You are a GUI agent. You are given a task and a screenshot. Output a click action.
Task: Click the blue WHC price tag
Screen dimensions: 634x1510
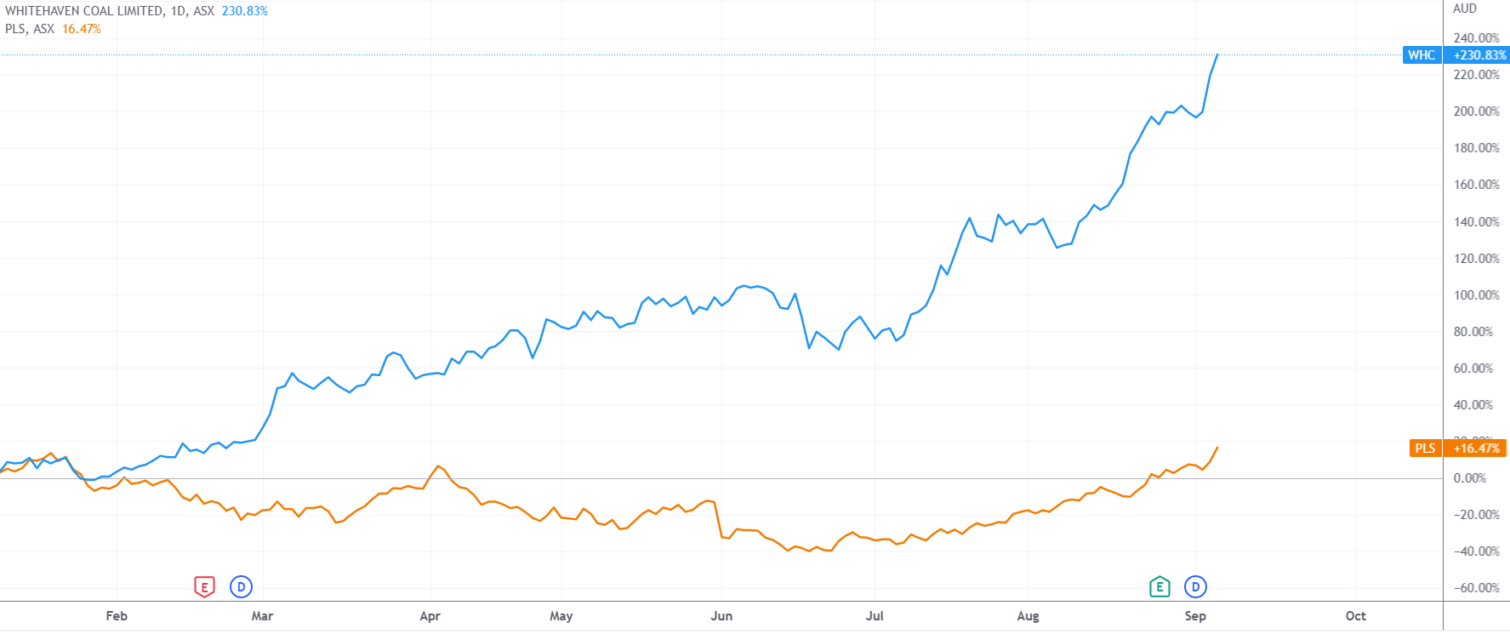click(x=1422, y=55)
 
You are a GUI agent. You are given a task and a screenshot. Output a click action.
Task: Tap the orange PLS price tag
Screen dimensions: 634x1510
click(x=1425, y=448)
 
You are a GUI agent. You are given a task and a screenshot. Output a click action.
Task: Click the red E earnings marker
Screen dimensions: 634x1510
click(x=204, y=587)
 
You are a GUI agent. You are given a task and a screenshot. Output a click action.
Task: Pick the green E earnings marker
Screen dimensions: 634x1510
click(x=1159, y=587)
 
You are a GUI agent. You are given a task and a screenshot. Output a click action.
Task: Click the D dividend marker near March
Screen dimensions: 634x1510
click(x=242, y=587)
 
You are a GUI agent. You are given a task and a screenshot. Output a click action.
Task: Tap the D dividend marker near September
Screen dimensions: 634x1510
click(x=1195, y=587)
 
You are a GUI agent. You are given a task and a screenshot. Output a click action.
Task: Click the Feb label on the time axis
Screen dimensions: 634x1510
click(x=117, y=616)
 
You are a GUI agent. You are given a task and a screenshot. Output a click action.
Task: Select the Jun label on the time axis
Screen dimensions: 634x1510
click(x=721, y=616)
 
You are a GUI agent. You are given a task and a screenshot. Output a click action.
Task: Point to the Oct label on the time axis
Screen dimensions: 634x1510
click(x=1355, y=616)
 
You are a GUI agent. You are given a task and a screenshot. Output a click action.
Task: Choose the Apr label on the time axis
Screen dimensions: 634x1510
click(x=430, y=616)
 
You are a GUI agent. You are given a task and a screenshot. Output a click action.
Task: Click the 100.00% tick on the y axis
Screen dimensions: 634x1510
click(x=1476, y=295)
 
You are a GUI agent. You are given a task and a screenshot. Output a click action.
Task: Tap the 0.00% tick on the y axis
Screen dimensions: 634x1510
click(x=1469, y=478)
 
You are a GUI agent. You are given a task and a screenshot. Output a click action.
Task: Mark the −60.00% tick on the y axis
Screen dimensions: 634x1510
click(x=1476, y=588)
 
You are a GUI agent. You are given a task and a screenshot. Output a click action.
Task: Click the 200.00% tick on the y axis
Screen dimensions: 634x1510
click(x=1476, y=111)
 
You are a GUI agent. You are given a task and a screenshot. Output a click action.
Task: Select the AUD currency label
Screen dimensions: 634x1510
click(x=1465, y=9)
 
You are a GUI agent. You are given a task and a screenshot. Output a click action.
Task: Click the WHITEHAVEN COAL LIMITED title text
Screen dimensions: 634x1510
click(x=83, y=11)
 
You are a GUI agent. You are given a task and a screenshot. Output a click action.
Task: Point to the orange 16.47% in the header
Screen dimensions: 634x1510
click(x=82, y=29)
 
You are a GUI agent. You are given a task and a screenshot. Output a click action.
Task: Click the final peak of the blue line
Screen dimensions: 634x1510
click(x=1217, y=54)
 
